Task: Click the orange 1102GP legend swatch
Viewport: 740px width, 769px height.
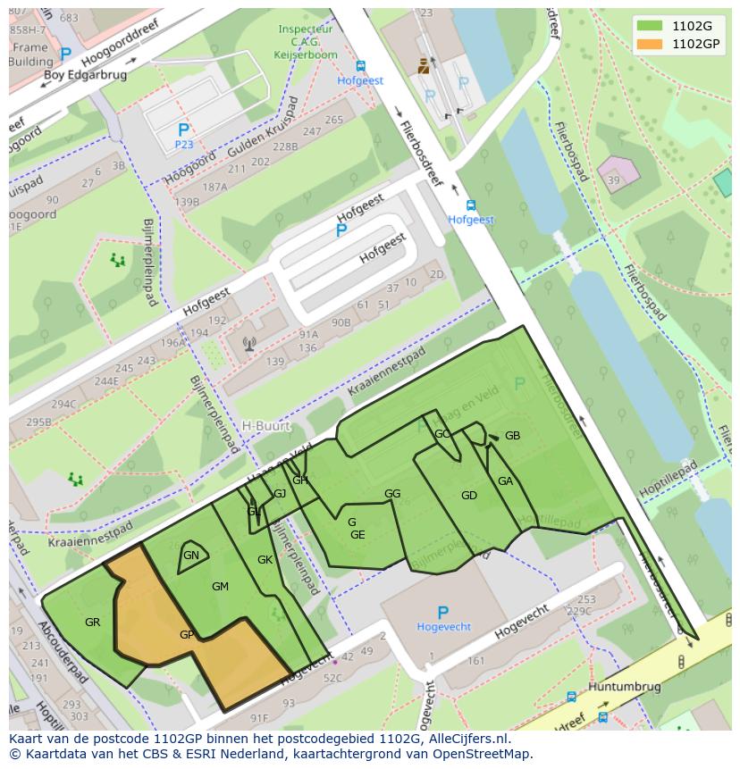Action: click(650, 43)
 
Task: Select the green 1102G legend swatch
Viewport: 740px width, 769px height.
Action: click(650, 26)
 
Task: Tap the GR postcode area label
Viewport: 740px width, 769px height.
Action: click(92, 623)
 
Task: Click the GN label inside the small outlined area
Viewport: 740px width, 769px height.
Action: click(190, 556)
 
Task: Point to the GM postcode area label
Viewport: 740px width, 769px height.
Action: click(220, 587)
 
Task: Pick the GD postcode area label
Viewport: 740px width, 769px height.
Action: click(468, 496)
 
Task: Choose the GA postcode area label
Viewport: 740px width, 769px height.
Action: click(505, 481)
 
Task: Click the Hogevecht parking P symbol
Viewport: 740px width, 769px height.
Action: click(442, 613)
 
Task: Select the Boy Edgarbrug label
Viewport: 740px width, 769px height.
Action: click(85, 75)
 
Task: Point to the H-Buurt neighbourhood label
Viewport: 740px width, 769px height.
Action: click(266, 426)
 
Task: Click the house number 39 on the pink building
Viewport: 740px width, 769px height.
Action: click(613, 181)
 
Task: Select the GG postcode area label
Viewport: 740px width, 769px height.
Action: click(391, 494)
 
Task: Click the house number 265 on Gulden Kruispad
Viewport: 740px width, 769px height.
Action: click(333, 120)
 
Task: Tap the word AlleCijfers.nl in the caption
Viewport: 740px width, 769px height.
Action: click(465, 740)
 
